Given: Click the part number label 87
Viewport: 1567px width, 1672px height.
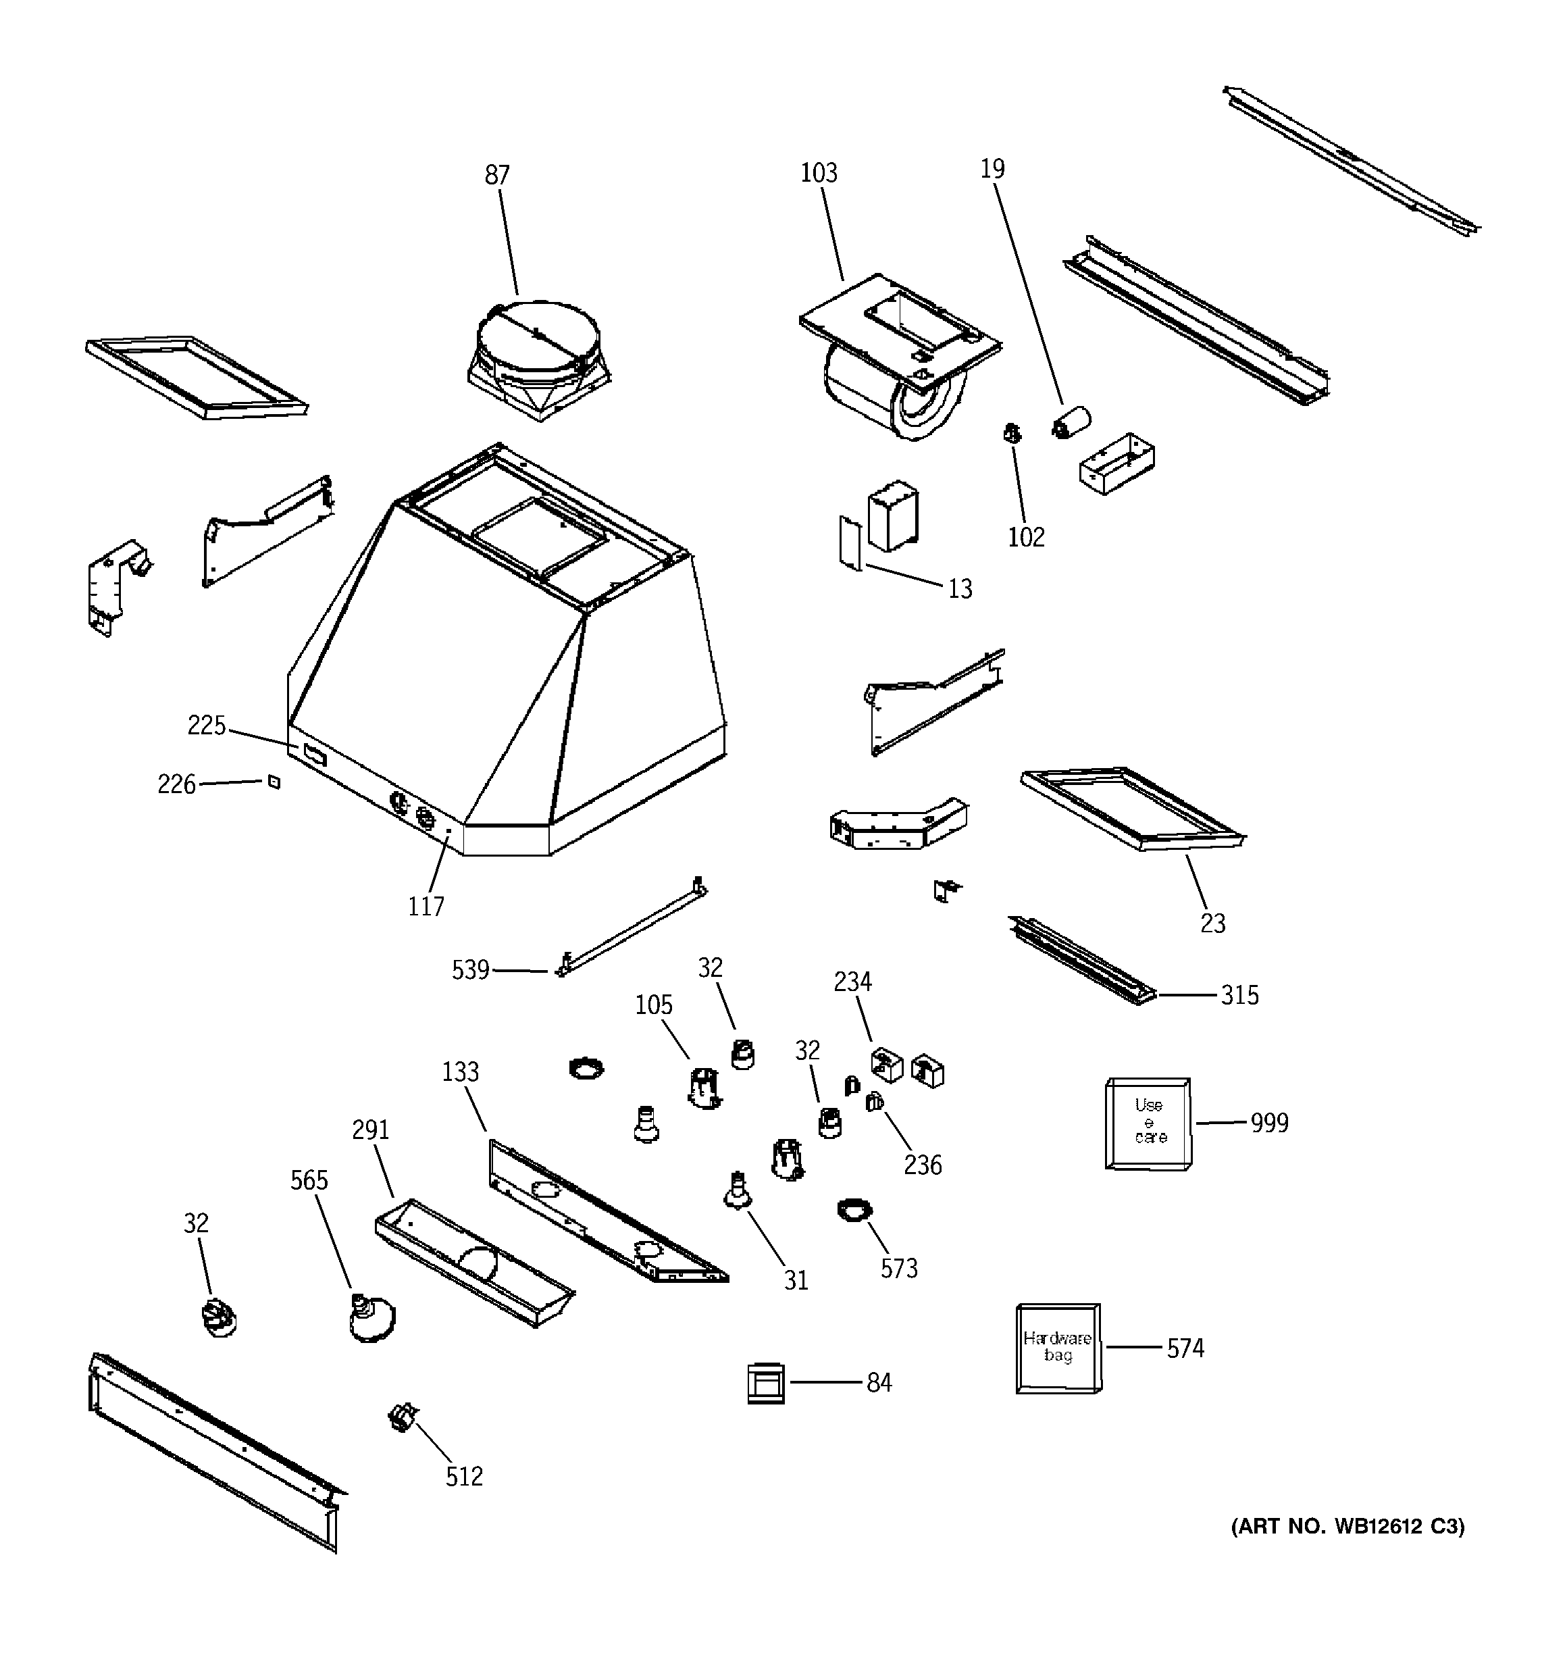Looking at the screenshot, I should [497, 175].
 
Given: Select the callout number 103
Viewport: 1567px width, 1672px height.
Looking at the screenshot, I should [819, 172].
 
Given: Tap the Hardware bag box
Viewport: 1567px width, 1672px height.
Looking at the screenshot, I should [1057, 1348].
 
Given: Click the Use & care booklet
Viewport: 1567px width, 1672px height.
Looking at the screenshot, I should [1148, 1123].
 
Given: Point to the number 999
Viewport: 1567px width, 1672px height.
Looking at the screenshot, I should [1269, 1123].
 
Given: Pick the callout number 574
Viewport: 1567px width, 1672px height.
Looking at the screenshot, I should [1185, 1348].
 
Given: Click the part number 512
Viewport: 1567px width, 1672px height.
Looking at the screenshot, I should [464, 1476].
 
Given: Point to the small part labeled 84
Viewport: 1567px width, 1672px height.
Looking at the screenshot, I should [765, 1383].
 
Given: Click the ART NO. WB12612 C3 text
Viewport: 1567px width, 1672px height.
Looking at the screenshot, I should [1347, 1527].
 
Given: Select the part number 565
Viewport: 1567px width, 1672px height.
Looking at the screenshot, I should [309, 1180].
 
